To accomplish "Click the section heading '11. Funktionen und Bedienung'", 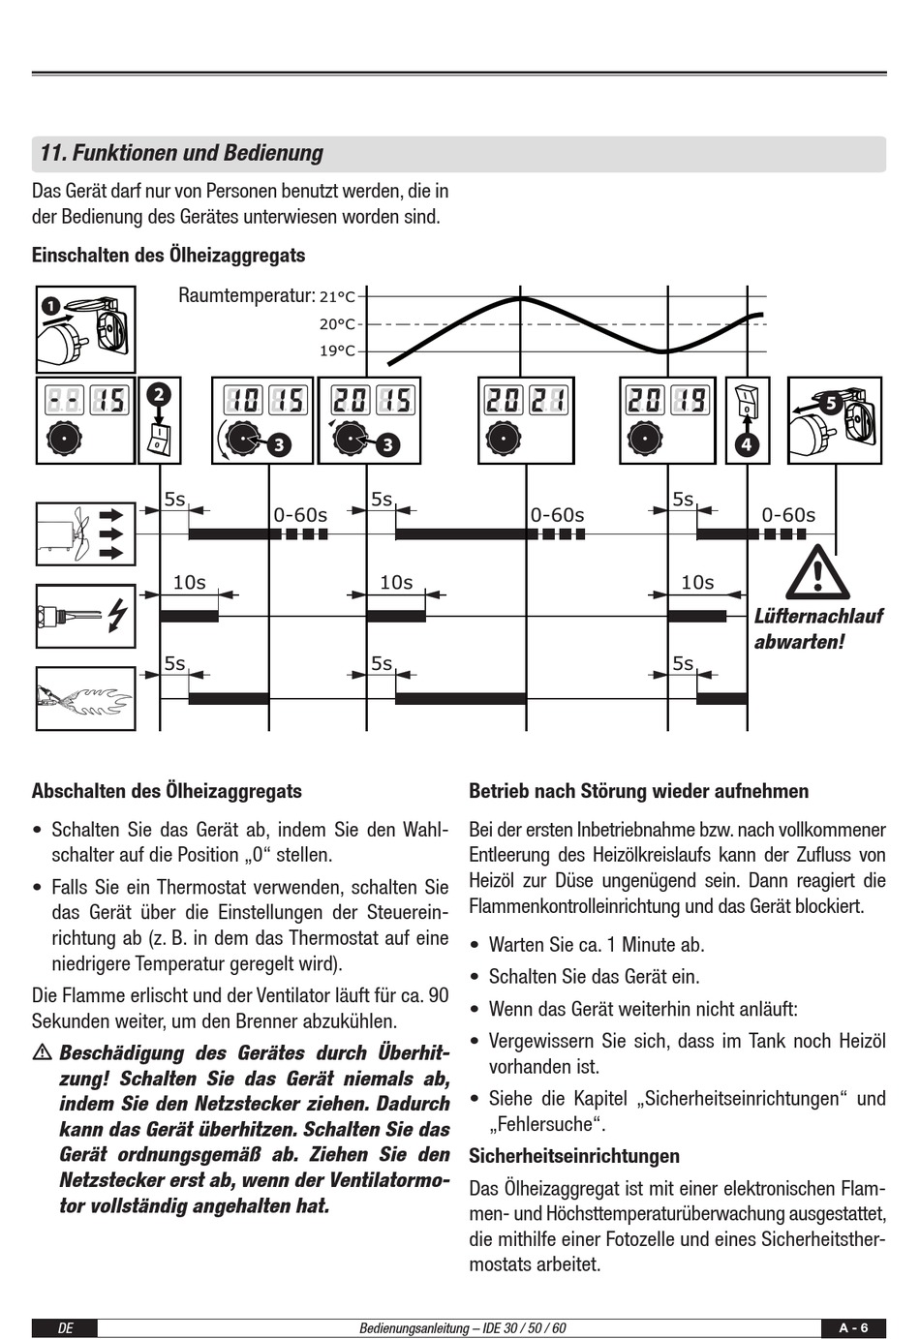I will point(182,153).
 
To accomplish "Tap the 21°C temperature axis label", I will point(337,297).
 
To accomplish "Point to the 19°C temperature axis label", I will point(337,350).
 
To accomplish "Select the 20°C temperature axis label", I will point(337,324).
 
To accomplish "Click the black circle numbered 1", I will point(51,308).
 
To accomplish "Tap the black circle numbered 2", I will point(159,394).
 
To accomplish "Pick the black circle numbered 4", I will point(747,445).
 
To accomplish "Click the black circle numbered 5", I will point(829,404).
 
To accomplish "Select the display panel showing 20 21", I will point(526,419).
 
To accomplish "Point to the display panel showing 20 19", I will point(667,419).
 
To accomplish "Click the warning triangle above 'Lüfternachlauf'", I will point(817,573).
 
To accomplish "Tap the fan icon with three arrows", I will point(85,533).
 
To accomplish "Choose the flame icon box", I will point(85,697).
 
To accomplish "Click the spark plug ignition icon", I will point(85,616).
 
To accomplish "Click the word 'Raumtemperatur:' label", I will point(247,295).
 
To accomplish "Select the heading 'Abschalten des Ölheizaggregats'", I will point(167,791).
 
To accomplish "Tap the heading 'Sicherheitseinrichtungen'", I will point(574,1156).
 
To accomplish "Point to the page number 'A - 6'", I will point(854,1327).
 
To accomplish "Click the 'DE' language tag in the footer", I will point(65,1328).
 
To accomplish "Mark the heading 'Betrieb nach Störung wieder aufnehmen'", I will point(638,791).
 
